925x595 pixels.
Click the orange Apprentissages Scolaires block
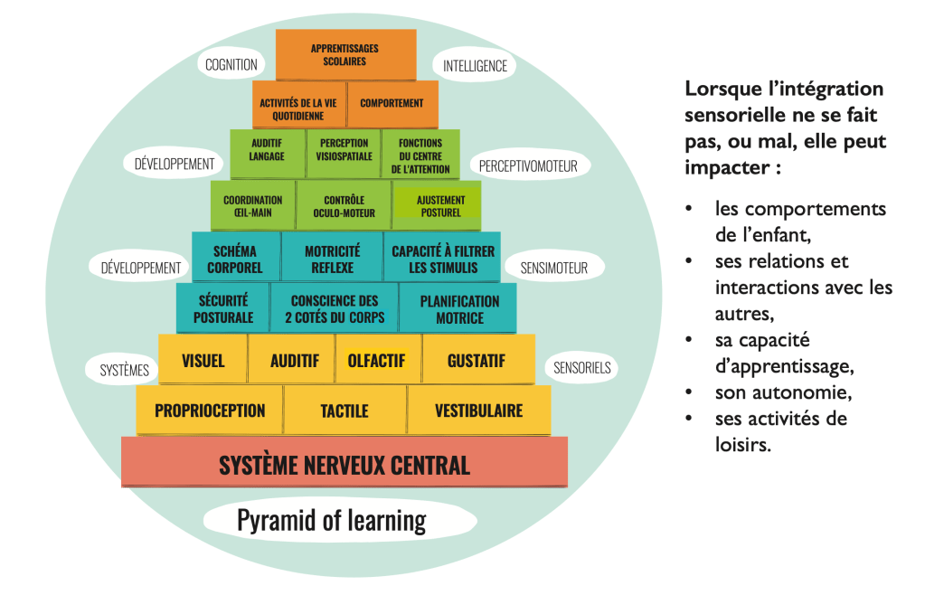point(345,54)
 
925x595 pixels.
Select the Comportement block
point(392,103)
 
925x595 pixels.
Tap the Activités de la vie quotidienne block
point(298,103)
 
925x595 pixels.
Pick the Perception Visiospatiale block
point(344,150)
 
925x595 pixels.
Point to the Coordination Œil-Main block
point(253,206)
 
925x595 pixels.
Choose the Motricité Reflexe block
point(332,260)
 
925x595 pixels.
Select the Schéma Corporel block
point(236,260)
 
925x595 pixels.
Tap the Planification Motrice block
point(458,309)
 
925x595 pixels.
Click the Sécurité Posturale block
point(221,309)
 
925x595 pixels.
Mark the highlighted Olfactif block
point(376,361)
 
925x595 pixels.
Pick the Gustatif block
point(477,361)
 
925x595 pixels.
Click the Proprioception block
point(210,411)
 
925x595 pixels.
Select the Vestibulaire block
point(478,411)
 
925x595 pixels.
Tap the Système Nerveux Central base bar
point(345,465)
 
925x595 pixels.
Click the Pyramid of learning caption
point(331,521)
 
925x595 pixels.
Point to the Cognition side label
point(231,65)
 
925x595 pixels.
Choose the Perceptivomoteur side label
point(529,165)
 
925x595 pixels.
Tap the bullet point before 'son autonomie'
point(690,394)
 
